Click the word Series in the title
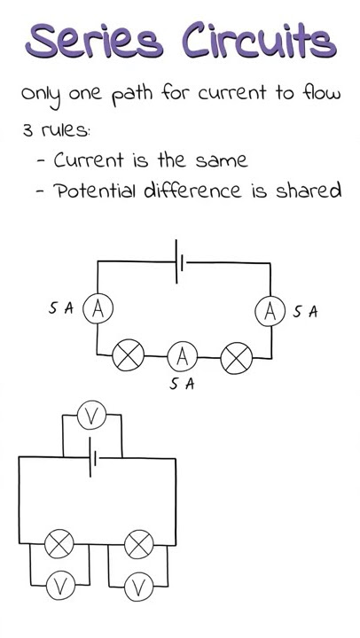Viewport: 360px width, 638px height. tap(94, 40)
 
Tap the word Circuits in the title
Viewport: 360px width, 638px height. tap(260, 39)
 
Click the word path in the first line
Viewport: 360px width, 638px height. tap(132, 95)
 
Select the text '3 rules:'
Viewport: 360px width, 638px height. tap(57, 130)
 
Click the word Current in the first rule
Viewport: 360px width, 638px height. tap(88, 159)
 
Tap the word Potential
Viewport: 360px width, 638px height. tap(96, 190)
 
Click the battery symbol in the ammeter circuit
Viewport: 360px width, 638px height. tap(179, 261)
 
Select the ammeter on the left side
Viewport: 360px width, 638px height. tap(98, 310)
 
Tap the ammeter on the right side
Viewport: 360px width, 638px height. tap(270, 311)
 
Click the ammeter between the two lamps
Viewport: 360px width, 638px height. tap(183, 356)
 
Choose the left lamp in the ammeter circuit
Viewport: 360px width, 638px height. tap(129, 355)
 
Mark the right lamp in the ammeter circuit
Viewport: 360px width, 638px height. tap(236, 358)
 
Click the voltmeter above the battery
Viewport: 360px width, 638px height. tap(91, 416)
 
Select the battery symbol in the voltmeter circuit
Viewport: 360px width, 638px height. tap(92, 458)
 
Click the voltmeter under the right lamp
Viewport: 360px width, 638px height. tap(139, 587)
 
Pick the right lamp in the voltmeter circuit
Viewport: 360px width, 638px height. tap(139, 544)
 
